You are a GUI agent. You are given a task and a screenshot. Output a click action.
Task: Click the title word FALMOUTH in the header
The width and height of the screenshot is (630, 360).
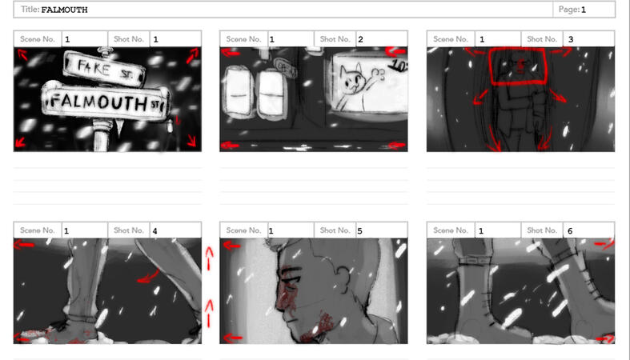coord(64,10)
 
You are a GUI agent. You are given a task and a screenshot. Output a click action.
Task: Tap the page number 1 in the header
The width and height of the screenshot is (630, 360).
coord(584,10)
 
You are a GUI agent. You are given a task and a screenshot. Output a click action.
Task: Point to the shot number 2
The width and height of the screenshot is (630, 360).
coord(361,39)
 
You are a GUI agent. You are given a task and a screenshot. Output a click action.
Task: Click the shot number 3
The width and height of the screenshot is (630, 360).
coord(570,39)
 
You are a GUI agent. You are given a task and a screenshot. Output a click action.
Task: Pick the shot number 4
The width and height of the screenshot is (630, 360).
coord(154,231)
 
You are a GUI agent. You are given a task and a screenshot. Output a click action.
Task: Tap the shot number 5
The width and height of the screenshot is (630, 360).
coord(359,231)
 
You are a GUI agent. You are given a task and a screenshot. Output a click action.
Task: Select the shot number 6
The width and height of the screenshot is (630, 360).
coord(569,231)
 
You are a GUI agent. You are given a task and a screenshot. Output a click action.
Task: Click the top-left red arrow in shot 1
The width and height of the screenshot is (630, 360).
coord(22,55)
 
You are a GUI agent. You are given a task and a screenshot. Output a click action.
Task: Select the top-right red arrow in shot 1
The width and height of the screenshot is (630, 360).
coord(193,55)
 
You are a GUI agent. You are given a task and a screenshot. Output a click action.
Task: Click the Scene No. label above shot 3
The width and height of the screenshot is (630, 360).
coord(451,39)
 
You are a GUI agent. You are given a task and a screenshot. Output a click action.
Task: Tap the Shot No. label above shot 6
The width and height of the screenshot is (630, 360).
coord(542,231)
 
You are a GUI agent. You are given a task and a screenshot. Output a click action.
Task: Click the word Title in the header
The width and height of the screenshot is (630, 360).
coord(30,10)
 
